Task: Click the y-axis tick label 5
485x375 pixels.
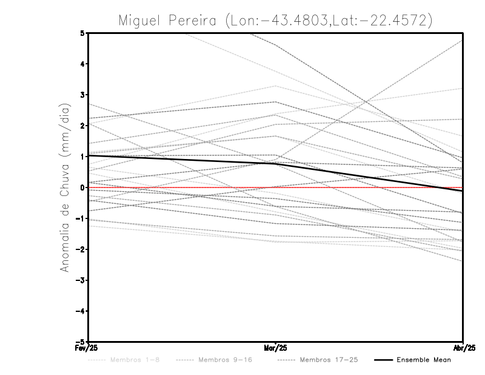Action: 82,33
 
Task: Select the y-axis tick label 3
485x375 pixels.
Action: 82,95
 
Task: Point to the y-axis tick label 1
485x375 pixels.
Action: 82,157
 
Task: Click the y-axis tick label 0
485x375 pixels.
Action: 82,187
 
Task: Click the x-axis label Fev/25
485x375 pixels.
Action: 88,348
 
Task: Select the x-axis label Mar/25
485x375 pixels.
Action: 276,348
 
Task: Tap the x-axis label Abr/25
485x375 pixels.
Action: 463,348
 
